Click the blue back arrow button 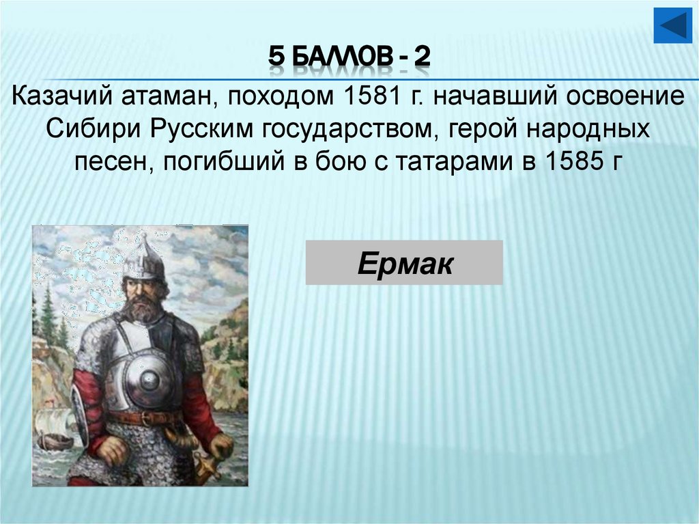[673, 27]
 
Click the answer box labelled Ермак [403, 262]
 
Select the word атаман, [167, 96]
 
